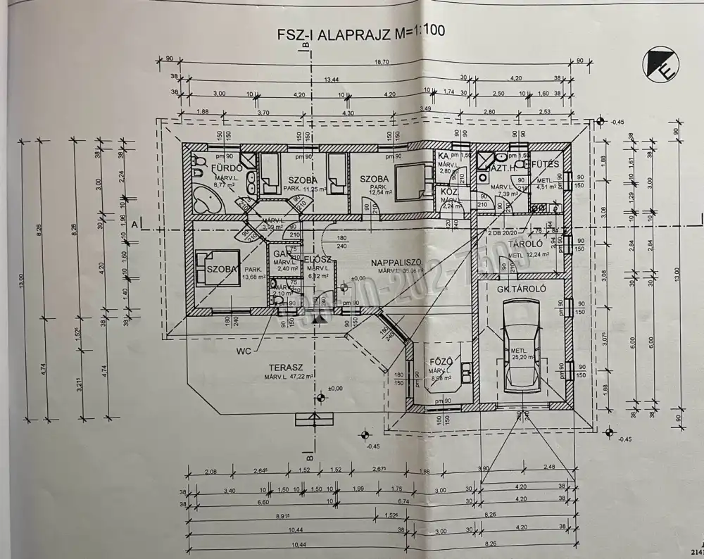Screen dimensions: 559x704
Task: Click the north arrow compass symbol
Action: tap(660, 64)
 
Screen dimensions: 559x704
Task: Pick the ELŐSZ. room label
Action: tap(318, 260)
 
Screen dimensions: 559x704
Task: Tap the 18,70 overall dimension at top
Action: tap(381, 62)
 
